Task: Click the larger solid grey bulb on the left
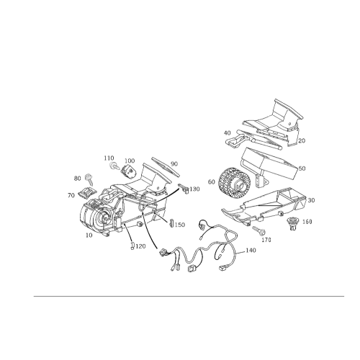click(88, 177)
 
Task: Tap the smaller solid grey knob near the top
click(113, 164)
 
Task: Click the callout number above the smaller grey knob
click(108, 156)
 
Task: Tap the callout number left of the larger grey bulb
click(74, 177)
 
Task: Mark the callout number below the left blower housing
click(90, 235)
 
